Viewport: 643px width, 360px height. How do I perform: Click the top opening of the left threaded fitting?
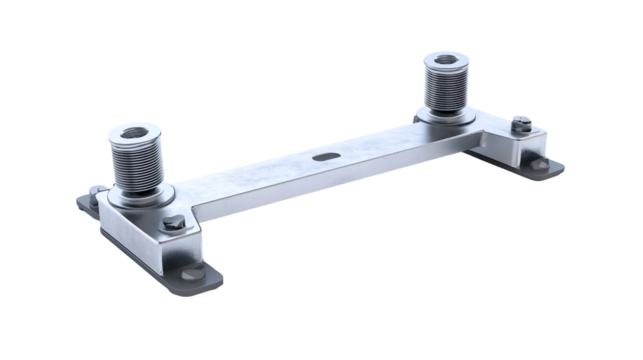click(136, 130)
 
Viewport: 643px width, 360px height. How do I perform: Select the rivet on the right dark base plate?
click(540, 164)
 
